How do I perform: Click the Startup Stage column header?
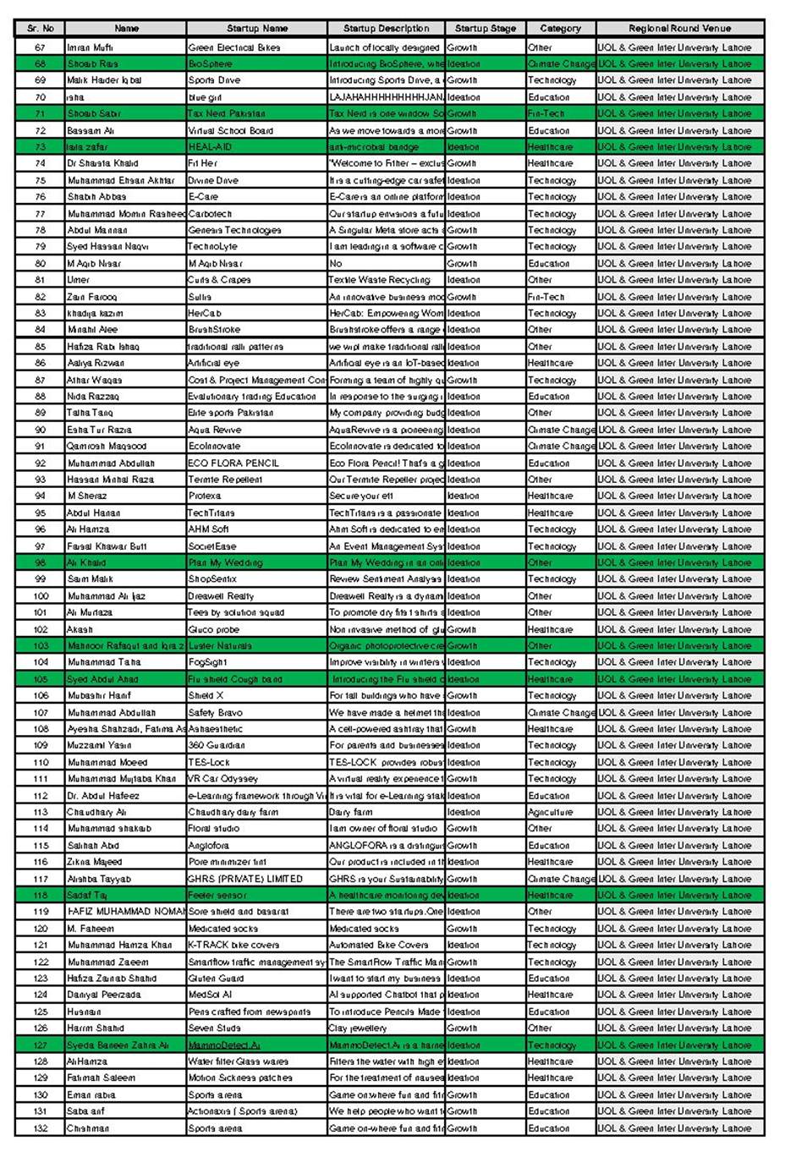click(x=485, y=28)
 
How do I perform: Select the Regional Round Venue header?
click(x=679, y=28)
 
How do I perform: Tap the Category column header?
click(x=560, y=28)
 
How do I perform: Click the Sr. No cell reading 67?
click(x=41, y=47)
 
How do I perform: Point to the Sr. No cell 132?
click(x=41, y=1128)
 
